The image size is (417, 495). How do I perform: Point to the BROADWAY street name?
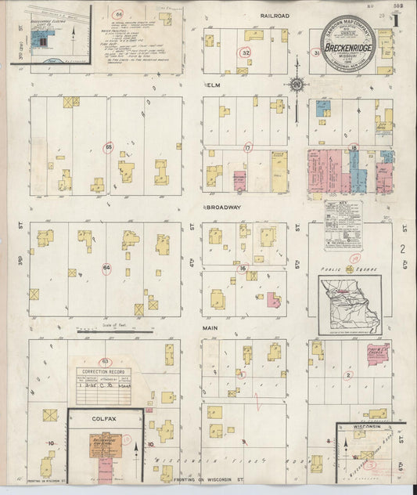224,208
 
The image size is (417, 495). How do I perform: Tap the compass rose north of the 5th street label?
297,85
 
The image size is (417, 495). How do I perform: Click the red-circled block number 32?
246,52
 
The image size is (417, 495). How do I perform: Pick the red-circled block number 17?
247,146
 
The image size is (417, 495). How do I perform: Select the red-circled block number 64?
106,269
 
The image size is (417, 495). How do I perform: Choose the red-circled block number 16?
243,269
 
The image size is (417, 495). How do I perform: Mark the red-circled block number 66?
118,15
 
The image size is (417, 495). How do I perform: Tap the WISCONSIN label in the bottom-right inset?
366,428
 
